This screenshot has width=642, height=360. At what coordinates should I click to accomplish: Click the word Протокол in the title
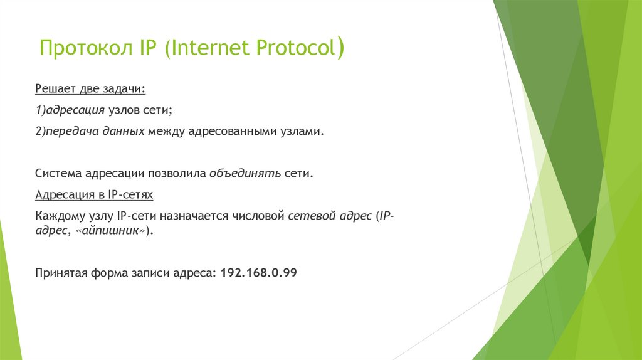84,49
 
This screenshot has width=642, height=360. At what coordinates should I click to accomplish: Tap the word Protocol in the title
294,49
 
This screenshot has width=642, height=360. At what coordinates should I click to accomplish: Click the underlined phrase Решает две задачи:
90,89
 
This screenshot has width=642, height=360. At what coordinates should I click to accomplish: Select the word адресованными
223,132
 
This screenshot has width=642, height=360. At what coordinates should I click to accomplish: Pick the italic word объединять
245,173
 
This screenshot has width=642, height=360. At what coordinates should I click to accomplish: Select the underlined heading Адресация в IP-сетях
94,195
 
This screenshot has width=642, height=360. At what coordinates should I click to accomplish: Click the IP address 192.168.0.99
259,273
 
